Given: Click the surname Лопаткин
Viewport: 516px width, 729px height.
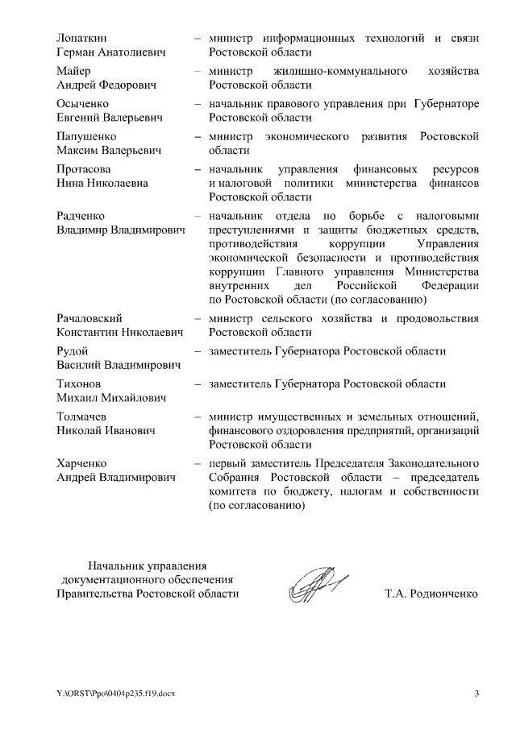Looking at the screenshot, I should point(82,38).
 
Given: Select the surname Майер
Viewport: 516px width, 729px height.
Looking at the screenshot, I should point(73,71).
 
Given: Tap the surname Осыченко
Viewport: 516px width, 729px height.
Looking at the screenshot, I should point(84,104).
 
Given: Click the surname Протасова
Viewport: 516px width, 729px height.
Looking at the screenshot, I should point(84,170).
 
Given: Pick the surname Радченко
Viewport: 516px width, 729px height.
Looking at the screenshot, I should point(81,216).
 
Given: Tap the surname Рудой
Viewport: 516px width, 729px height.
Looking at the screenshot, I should point(73,351).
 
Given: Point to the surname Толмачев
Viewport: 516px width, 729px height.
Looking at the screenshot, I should point(83,416).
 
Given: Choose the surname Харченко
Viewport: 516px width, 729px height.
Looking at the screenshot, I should point(82,463).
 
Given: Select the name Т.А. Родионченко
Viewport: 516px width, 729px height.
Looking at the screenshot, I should point(431,594).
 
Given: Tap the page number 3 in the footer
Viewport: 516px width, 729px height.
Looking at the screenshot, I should point(476,694).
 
